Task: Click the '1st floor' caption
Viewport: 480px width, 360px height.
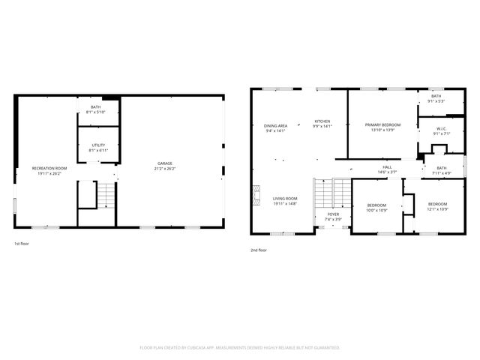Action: [x=22, y=244]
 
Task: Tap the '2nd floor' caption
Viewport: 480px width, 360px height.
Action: [x=258, y=250]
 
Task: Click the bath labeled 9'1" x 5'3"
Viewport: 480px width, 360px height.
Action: [x=435, y=97]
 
